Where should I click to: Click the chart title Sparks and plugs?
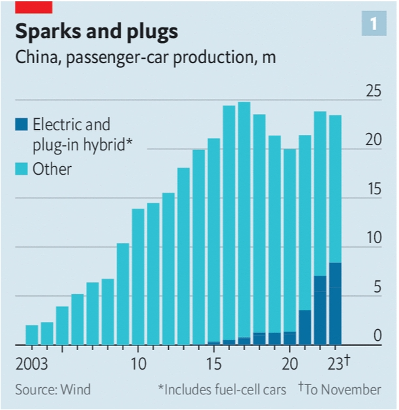[96, 31]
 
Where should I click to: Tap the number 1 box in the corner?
[374, 25]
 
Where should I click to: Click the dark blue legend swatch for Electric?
[22, 124]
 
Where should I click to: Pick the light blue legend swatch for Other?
[22, 169]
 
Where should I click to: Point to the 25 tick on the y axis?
[372, 91]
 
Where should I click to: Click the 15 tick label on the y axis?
[372, 189]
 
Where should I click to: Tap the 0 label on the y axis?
[376, 336]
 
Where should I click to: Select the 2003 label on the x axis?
[32, 361]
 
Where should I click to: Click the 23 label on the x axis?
[335, 361]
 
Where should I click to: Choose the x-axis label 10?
[138, 361]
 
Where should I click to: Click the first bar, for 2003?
[32, 334]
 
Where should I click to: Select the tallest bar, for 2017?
[244, 222]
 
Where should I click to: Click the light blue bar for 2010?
[138, 276]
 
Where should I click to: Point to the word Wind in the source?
[76, 390]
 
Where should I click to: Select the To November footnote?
[342, 390]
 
